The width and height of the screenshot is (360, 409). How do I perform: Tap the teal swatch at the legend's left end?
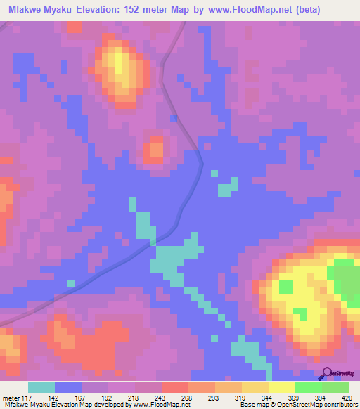click(x=41, y=387)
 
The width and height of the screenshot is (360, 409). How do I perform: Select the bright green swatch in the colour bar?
click(x=308, y=387)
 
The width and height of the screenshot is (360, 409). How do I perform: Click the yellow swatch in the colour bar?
click(x=281, y=387)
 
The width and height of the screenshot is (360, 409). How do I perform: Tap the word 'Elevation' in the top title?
click(x=95, y=10)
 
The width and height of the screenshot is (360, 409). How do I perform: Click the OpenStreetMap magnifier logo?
click(x=326, y=373)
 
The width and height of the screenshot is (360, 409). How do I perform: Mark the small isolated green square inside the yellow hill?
click(x=286, y=286)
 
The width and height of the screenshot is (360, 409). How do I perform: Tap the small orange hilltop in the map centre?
click(x=154, y=148)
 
